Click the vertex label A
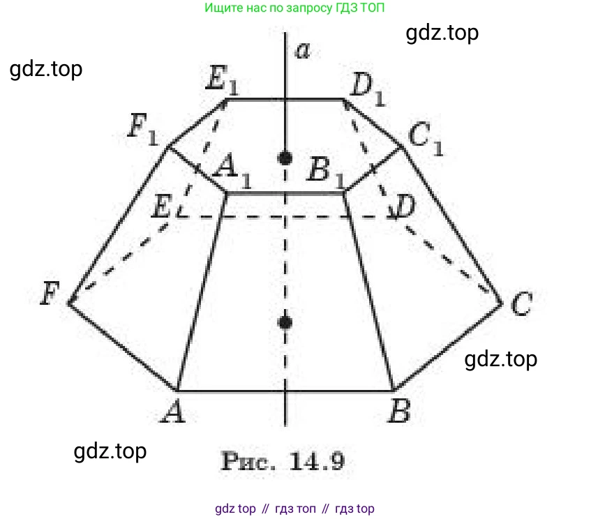tap(174, 411)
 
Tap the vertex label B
tap(399, 410)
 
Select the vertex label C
tap(522, 303)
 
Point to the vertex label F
tap(50, 293)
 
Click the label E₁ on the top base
tap(223, 78)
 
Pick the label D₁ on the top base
tap(367, 90)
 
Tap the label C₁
tap(426, 138)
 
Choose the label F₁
tap(144, 129)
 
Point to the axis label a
tap(303, 50)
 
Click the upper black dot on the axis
tap(285, 158)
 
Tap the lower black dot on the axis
tap(285, 323)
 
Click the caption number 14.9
tap(317, 461)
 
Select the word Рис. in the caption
tap(248, 461)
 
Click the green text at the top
tap(294, 8)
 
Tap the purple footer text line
tap(294, 509)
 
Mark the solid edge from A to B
tap(285, 391)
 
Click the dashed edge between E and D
tap(285, 217)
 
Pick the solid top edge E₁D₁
tap(285, 100)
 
